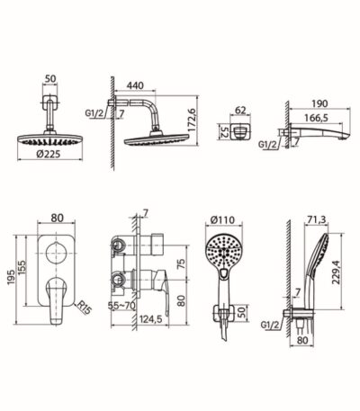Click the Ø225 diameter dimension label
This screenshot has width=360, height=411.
point(48,154)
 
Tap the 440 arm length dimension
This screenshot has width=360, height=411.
point(135,85)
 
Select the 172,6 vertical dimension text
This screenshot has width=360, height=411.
point(193,120)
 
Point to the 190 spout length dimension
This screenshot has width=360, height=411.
point(319,103)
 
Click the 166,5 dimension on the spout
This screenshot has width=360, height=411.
point(316,118)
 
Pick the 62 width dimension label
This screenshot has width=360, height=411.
point(240,111)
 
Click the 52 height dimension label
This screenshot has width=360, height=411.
point(224,131)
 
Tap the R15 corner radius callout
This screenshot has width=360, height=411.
point(84,308)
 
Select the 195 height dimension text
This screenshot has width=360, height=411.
point(11,277)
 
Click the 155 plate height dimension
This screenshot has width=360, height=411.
point(22,268)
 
